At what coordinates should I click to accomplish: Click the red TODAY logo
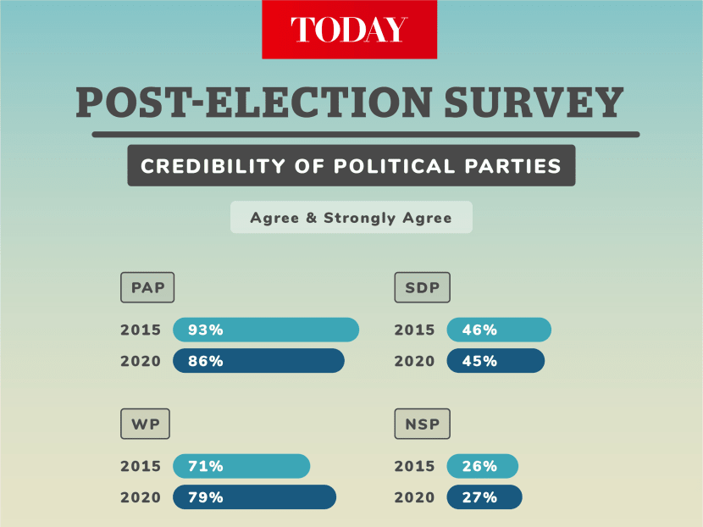point(349,30)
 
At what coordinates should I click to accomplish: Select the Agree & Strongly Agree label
point(351,218)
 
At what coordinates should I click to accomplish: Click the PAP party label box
point(147,288)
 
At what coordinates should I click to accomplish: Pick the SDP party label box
point(422,288)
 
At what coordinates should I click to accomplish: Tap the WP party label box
point(145,424)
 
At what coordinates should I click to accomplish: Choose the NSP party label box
point(422,424)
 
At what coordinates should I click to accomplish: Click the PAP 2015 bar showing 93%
point(266,330)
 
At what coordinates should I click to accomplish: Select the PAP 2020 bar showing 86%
point(258,361)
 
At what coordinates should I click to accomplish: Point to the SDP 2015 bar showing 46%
point(499,330)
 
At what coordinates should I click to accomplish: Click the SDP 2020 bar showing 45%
point(495,361)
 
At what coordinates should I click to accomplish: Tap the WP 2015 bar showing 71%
point(241,466)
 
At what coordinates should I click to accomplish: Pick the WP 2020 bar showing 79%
point(254,497)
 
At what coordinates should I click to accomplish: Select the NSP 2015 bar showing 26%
point(482,466)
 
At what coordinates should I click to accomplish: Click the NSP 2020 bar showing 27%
point(484,497)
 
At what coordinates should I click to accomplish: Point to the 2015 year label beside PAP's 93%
point(141,330)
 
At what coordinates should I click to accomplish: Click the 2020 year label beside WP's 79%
point(141,497)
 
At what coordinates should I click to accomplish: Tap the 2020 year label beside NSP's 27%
point(414,497)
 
